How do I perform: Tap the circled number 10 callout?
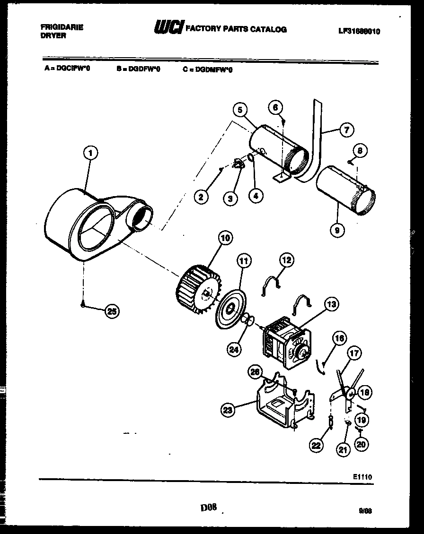pyautogui.click(x=225, y=238)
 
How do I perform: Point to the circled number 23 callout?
pyautogui.click(x=229, y=411)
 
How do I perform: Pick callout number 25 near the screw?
pyautogui.click(x=112, y=311)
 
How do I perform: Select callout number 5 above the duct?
pyautogui.click(x=240, y=110)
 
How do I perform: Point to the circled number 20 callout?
pyautogui.click(x=362, y=444)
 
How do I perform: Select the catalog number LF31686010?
pyautogui.click(x=359, y=32)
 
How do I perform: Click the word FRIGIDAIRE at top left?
pyautogui.click(x=62, y=27)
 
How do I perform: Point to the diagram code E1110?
pyautogui.click(x=362, y=477)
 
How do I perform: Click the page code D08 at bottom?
pyautogui.click(x=208, y=508)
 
